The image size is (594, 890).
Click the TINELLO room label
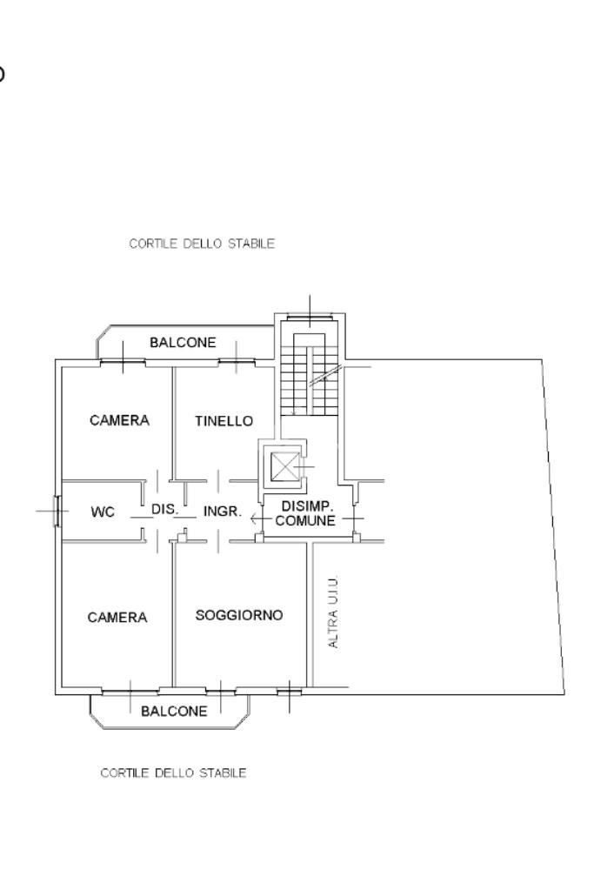(x=224, y=420)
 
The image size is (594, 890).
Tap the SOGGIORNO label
(x=239, y=615)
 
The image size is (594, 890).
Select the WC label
(x=103, y=512)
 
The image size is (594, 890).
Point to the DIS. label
(x=164, y=509)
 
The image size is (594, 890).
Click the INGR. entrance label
(x=223, y=511)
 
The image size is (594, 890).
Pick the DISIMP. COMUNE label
(x=306, y=513)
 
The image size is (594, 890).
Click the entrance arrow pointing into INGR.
(x=260, y=519)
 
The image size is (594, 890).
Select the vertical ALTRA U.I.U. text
(x=333, y=612)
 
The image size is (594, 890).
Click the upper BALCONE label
(x=183, y=342)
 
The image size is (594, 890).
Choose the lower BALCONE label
(x=174, y=711)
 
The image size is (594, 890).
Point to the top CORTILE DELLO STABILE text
(x=202, y=244)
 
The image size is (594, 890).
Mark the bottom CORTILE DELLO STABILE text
(x=173, y=773)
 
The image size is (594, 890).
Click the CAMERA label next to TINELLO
(x=119, y=420)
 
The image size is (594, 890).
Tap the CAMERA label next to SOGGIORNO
(x=117, y=617)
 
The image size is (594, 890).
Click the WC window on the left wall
(x=57, y=511)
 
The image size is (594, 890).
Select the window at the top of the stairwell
(x=310, y=316)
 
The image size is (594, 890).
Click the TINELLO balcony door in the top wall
(x=237, y=361)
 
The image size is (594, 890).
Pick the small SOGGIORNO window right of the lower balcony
(x=290, y=691)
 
